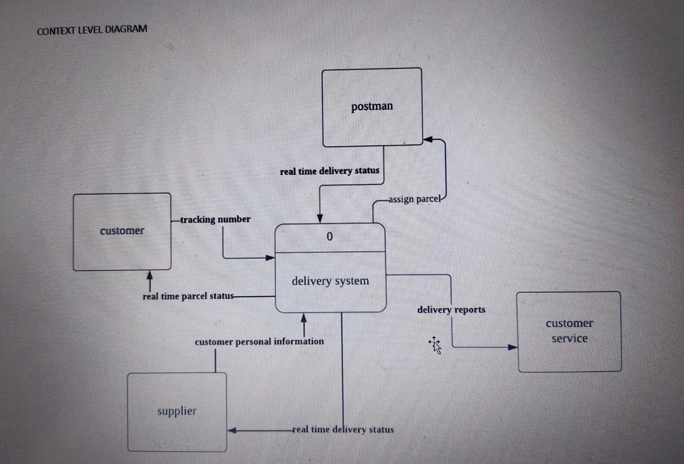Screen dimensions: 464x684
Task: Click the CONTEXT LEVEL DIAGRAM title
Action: click(x=92, y=30)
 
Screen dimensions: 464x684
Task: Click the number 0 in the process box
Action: click(x=330, y=237)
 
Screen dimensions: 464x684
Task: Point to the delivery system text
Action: click(x=330, y=281)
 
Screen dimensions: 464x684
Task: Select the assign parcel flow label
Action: click(x=415, y=199)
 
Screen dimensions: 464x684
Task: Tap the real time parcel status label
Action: click(x=188, y=296)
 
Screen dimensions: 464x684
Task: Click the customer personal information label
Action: click(x=259, y=342)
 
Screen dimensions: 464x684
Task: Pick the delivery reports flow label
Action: click(x=451, y=310)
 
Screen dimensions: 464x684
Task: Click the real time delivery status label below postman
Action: click(x=330, y=171)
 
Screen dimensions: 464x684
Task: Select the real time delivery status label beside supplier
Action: click(x=343, y=429)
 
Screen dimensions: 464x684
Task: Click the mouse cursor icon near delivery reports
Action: click(x=435, y=345)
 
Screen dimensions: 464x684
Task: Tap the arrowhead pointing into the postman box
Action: click(x=428, y=139)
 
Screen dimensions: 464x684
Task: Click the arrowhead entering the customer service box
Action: click(x=513, y=347)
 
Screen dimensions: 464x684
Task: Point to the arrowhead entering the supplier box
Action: click(x=232, y=430)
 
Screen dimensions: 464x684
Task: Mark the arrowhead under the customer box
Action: click(x=150, y=275)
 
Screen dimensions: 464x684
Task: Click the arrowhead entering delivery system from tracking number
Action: click(x=270, y=258)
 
